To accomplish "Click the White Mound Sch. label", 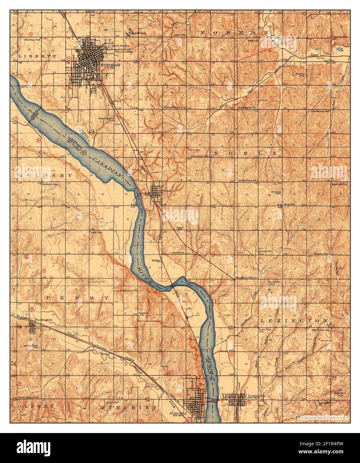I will tap(106, 119).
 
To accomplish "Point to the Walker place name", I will tap(156, 260).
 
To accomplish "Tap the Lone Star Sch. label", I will tap(264, 330).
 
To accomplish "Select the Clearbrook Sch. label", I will tap(320, 111).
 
